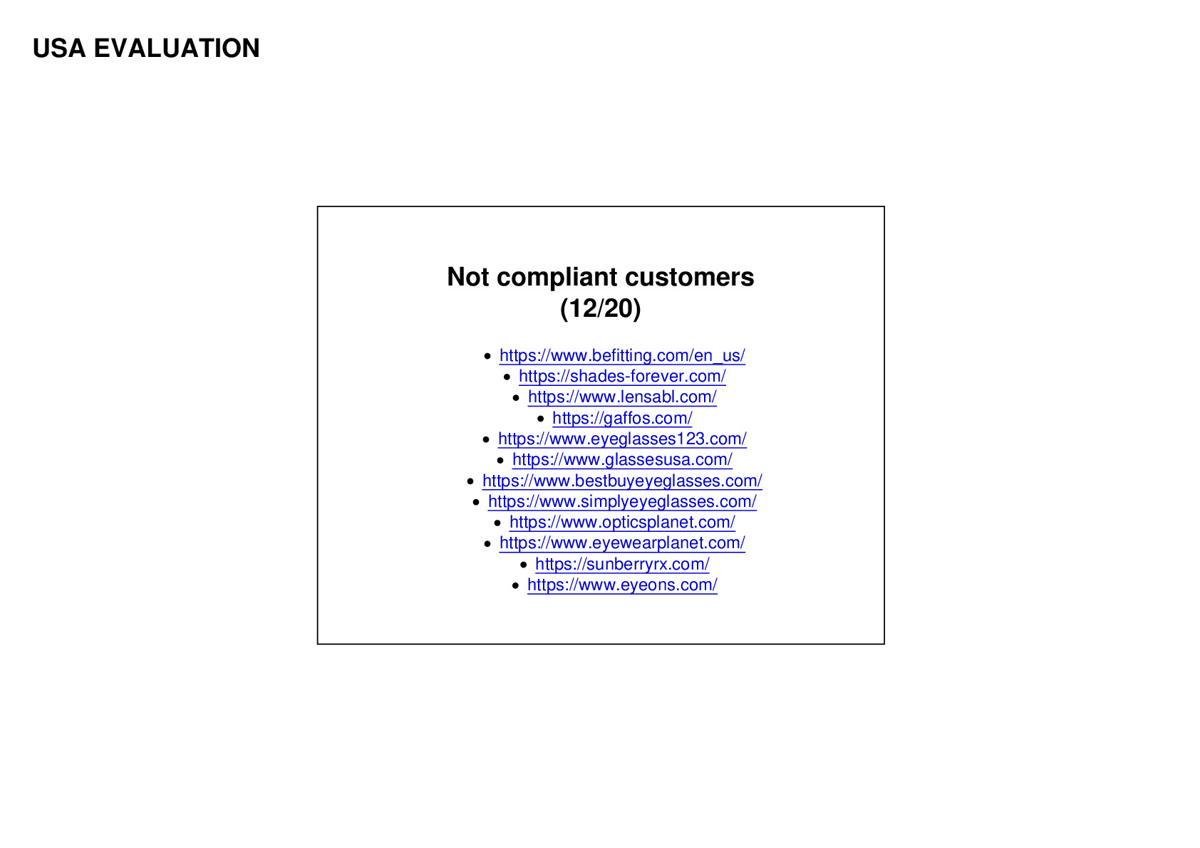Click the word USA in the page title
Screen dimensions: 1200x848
[x=59, y=48]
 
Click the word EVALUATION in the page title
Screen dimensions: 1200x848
[x=177, y=48]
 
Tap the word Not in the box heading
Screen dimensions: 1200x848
[x=467, y=277]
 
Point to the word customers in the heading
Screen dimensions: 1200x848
[x=690, y=277]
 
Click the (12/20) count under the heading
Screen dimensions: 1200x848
[x=601, y=308]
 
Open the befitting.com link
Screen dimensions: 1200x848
[x=622, y=355]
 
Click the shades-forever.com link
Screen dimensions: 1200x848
[x=622, y=377]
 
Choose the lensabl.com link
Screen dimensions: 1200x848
[x=622, y=397]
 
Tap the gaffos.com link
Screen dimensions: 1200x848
[x=622, y=418]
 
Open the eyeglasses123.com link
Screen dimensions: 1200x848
[x=622, y=439]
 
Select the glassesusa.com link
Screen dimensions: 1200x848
[x=622, y=460]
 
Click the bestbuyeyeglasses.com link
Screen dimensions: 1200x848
[x=622, y=481]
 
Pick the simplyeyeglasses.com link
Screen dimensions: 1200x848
[x=622, y=502]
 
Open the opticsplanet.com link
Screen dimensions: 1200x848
[x=622, y=523]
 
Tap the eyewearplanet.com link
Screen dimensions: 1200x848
[x=622, y=543]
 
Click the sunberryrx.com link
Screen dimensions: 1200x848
[x=622, y=564]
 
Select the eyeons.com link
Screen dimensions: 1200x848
[x=622, y=585]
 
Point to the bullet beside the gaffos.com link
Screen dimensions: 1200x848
[x=541, y=419]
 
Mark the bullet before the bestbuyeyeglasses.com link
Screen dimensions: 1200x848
[x=470, y=481]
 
